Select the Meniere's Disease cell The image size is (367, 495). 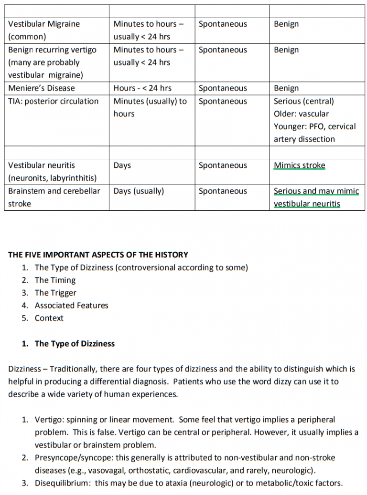pos(41,88)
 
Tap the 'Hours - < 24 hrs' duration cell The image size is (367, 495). pos(142,88)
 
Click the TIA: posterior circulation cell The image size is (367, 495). pos(53,101)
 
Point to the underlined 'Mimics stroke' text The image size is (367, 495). pos(299,165)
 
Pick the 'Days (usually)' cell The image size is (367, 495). pos(139,191)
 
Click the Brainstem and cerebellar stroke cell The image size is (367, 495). pos(54,197)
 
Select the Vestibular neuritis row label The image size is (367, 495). pos(42,165)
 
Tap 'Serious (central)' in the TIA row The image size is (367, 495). pos(303,101)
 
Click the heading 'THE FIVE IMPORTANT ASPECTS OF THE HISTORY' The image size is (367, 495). pos(98,255)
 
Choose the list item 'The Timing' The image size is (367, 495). pos(55,280)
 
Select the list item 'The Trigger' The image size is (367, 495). pos(55,293)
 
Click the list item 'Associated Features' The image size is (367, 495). pos(71,306)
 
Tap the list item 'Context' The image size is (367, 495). pos(49,318)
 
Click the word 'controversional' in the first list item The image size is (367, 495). pos(145,268)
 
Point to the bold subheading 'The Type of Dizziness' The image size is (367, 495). pos(75,344)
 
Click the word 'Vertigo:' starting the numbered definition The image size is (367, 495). pos(49,420)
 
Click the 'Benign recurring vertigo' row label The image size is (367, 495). pos(52,50)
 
